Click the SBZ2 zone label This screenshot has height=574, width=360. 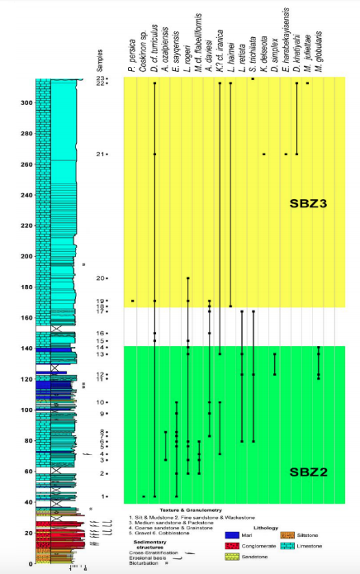tap(308, 472)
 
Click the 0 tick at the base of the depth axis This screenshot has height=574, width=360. tap(30, 563)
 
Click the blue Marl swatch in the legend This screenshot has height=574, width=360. tap(233, 536)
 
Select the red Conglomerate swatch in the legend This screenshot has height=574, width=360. tap(233, 547)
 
